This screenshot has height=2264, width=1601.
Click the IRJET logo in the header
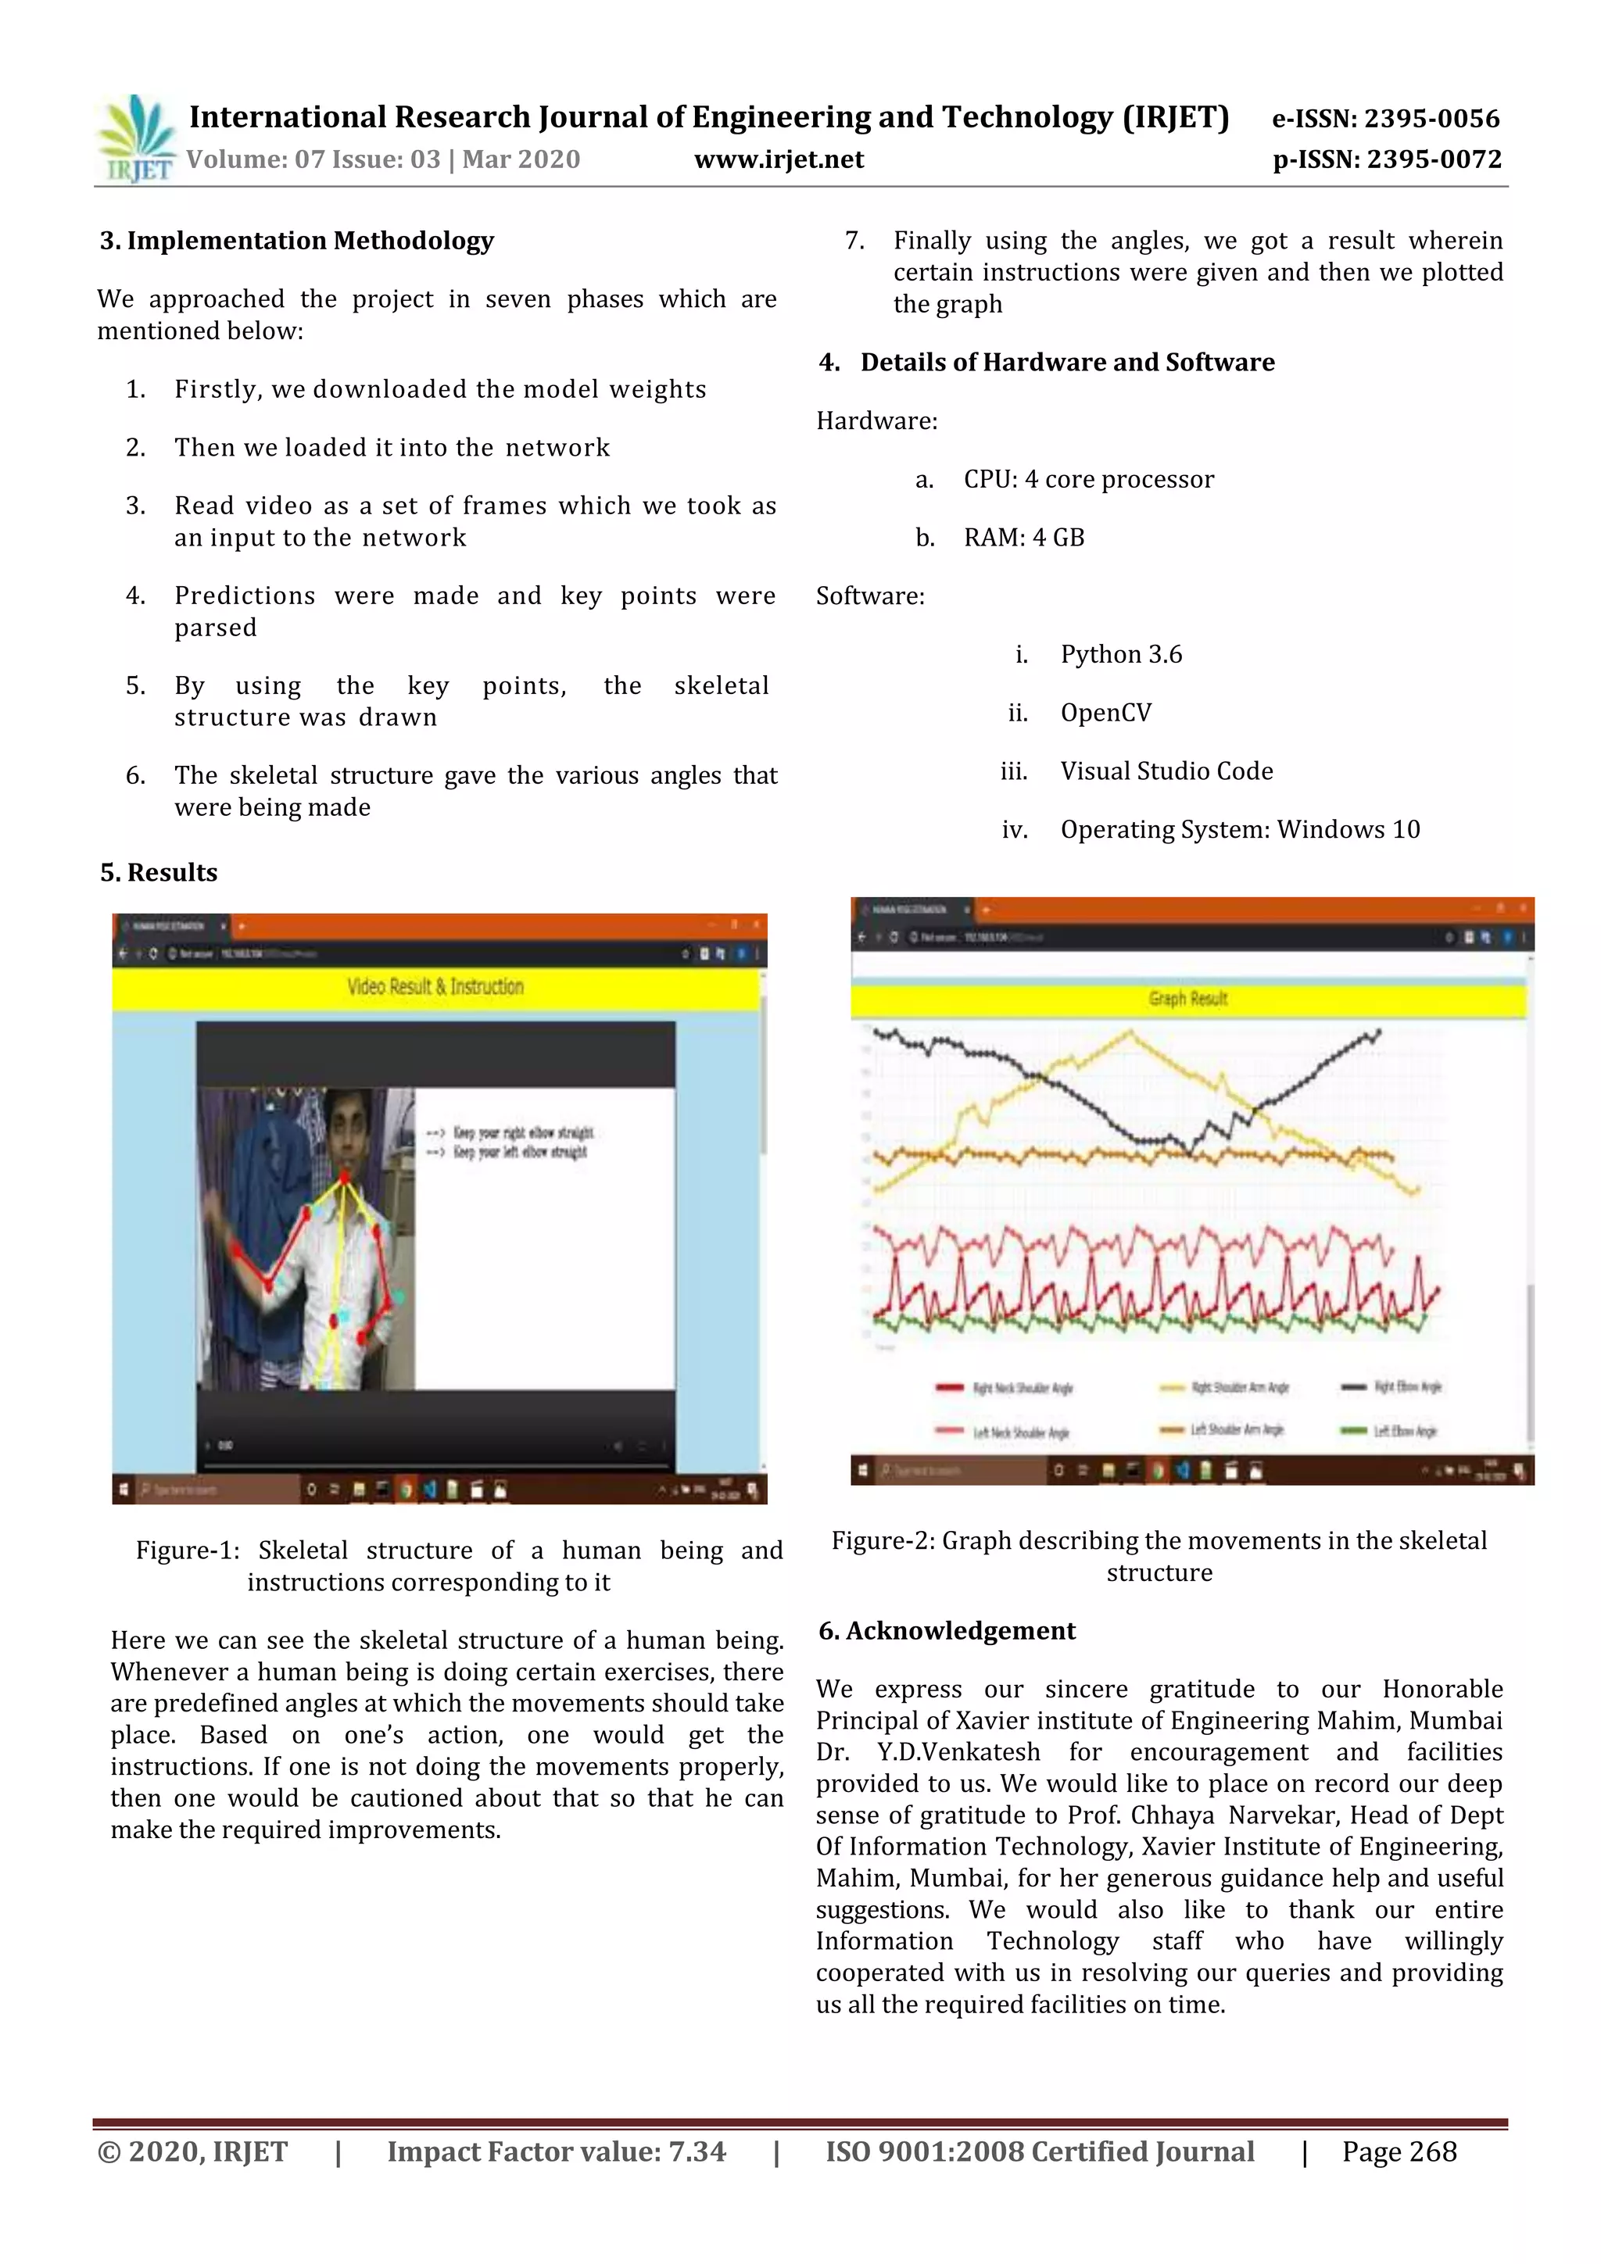pyautogui.click(x=137, y=139)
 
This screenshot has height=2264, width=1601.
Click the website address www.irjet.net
pyautogui.click(x=779, y=159)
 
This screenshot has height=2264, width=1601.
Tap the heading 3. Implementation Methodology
pyautogui.click(x=296, y=241)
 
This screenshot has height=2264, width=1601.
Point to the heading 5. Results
pyautogui.click(x=159, y=873)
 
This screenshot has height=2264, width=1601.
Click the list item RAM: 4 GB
pyautogui.click(x=1023, y=538)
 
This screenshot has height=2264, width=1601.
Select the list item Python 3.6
pyautogui.click(x=1120, y=655)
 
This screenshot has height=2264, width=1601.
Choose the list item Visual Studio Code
pyautogui.click(x=1166, y=771)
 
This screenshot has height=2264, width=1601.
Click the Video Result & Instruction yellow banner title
pyautogui.click(x=435, y=987)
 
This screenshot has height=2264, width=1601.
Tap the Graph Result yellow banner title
pyautogui.click(x=1187, y=999)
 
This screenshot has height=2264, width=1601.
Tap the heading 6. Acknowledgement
pyautogui.click(x=947, y=1631)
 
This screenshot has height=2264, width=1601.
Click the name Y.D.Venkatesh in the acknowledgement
pyautogui.click(x=958, y=1752)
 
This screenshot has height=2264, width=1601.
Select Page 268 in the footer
pyautogui.click(x=1398, y=2151)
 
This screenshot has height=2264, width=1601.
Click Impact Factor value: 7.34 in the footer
pyautogui.click(x=557, y=2151)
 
